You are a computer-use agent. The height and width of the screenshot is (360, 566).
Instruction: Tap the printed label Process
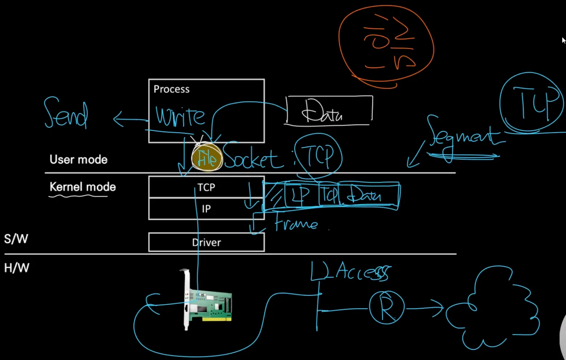171,89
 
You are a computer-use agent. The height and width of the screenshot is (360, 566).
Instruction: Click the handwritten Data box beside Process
329,110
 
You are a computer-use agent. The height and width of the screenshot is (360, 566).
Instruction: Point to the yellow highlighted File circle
207,157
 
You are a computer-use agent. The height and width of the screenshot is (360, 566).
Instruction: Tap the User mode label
78,160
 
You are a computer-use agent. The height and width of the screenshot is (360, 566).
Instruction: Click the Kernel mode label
82,187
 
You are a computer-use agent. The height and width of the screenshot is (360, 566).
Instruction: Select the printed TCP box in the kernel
206,187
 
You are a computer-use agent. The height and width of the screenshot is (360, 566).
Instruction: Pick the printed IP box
206,209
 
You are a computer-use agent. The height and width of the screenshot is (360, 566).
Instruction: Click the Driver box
206,242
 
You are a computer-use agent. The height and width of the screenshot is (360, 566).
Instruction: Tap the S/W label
16,239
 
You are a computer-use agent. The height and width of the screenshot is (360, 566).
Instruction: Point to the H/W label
16,268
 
